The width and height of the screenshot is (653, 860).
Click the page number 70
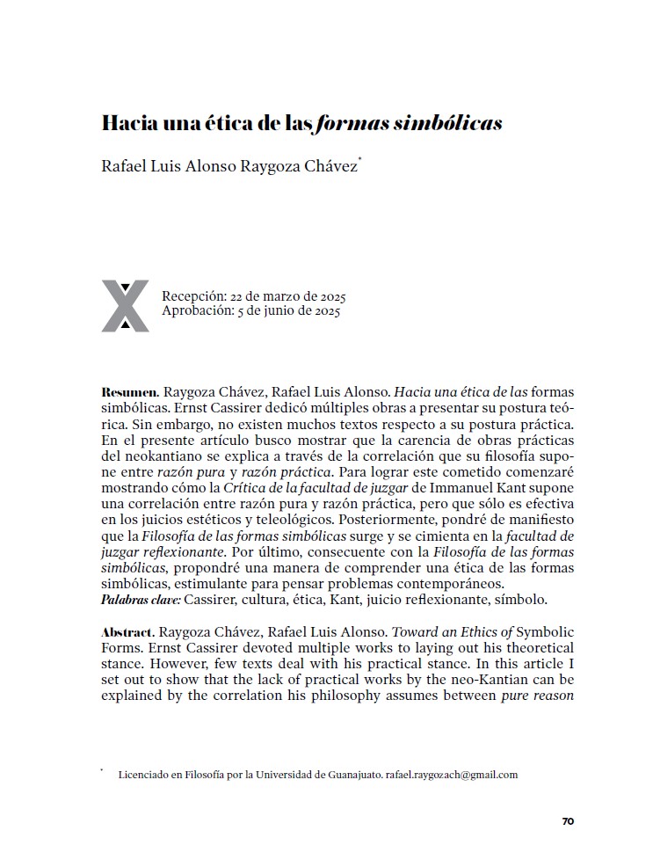pos(568,821)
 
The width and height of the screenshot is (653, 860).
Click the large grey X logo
pos(125,305)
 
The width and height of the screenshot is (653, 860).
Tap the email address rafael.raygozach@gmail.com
pos(452,775)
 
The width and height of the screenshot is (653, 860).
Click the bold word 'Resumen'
pos(128,390)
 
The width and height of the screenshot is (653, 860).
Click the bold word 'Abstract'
pos(128,632)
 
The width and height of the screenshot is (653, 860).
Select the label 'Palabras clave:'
pos(141,600)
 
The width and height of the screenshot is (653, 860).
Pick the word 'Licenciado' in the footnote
pos(143,775)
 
